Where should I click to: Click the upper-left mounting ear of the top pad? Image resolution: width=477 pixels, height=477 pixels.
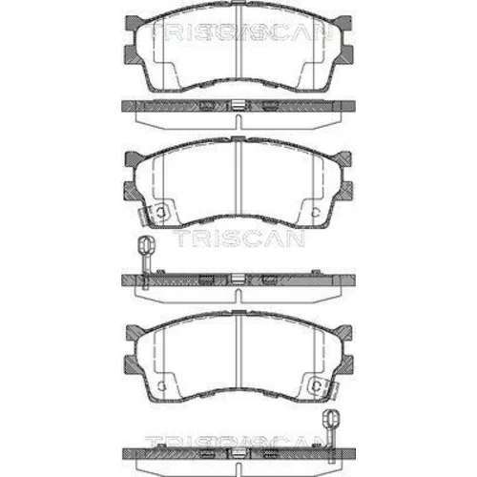(134, 24)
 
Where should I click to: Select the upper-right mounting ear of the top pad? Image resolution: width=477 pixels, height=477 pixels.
(343, 24)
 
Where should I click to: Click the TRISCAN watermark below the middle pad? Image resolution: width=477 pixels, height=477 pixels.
(238, 238)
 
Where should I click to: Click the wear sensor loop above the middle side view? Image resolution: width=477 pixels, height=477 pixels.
(146, 245)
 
